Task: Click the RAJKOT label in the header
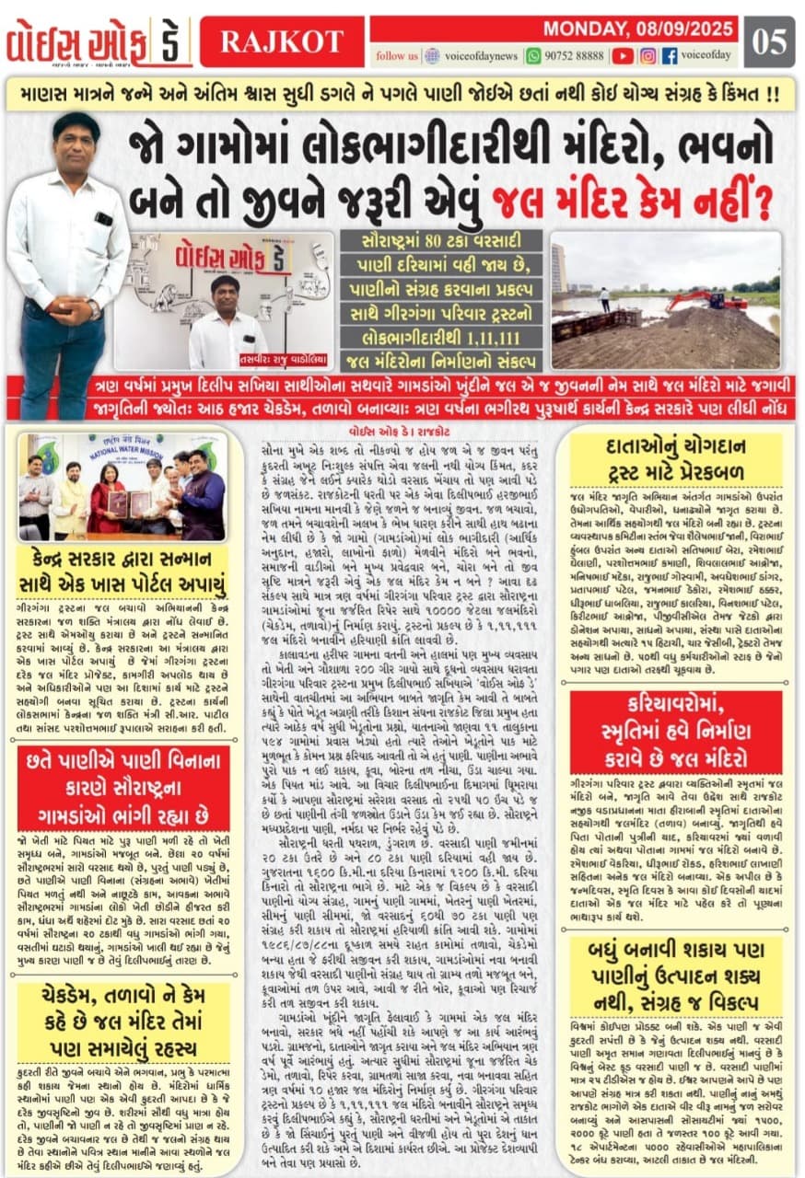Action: (281, 41)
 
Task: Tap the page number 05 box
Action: (771, 41)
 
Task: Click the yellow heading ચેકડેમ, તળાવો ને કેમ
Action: (123, 1022)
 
